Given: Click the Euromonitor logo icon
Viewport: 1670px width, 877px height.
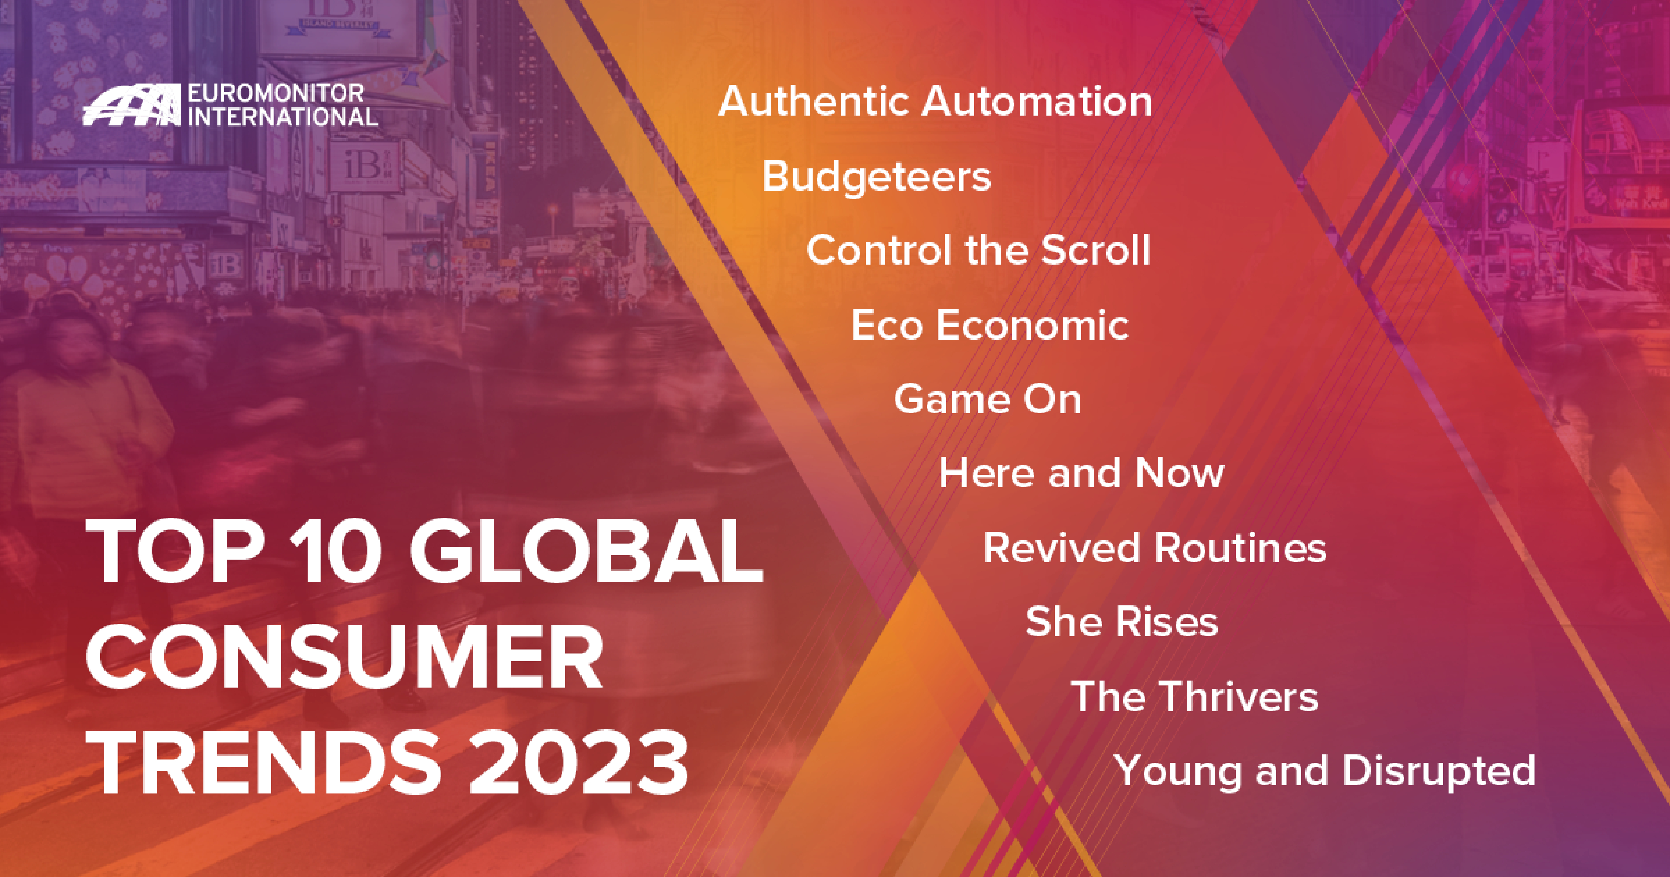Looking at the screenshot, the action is [132, 105].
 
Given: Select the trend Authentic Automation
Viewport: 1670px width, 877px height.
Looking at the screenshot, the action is [935, 102].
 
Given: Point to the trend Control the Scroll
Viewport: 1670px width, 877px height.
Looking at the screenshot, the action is [978, 250].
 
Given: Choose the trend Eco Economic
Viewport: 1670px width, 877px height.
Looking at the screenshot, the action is [989, 325].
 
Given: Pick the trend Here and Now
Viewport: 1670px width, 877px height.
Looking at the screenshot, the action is [1081, 473].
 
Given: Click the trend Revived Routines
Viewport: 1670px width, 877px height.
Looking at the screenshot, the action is [1155, 548].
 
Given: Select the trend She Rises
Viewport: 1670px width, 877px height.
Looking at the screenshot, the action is [1122, 621].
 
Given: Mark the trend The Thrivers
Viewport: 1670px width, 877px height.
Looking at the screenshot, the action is [1194, 696].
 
